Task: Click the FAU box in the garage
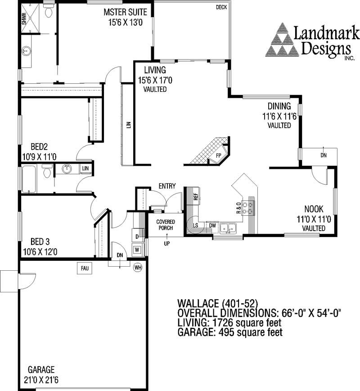coord(85,268)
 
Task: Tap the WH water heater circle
coord(138,268)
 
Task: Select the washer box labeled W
coord(137,250)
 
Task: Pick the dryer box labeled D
coord(137,236)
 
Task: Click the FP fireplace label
coord(219,156)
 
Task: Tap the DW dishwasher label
coord(212,226)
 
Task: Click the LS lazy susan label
coord(196,225)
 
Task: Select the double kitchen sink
coord(228,228)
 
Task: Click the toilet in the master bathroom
coord(48,10)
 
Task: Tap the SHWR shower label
coord(24,19)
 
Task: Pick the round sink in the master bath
coord(26,51)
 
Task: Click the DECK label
coord(221,7)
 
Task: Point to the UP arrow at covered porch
coord(166,236)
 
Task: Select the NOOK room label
coord(314,209)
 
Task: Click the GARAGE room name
coord(41,369)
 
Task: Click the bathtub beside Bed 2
coord(29,179)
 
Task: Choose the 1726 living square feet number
coord(222,323)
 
